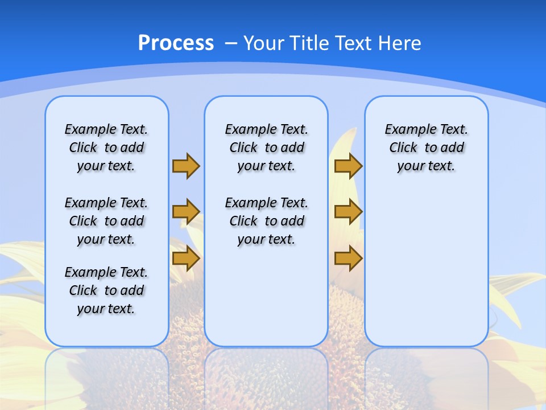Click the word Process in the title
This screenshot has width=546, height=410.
click(x=176, y=43)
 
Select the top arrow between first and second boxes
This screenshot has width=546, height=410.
click(x=186, y=166)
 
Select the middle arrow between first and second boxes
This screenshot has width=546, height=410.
click(x=186, y=212)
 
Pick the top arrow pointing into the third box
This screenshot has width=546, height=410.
click(x=348, y=166)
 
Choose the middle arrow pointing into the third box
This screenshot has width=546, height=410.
click(x=348, y=212)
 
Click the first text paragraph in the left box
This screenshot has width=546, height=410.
click(x=106, y=147)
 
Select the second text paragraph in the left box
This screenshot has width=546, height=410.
click(x=106, y=221)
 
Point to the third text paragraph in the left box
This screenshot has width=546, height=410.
click(x=106, y=290)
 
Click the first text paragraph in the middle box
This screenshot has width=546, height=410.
click(x=266, y=147)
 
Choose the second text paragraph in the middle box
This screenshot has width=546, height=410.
click(x=266, y=221)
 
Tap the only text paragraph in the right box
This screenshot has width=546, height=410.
click(x=426, y=147)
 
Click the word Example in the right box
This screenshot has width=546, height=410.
click(x=406, y=129)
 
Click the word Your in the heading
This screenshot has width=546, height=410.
click(x=264, y=43)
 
